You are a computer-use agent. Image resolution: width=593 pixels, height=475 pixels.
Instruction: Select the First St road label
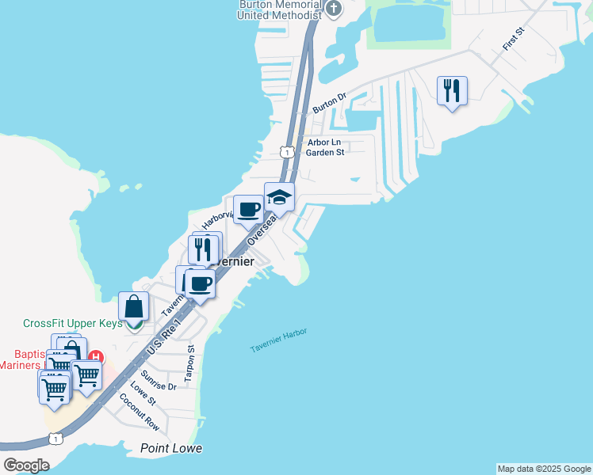tap(514, 40)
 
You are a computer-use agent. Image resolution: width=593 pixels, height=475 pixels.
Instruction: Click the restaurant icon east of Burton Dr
tap(452, 91)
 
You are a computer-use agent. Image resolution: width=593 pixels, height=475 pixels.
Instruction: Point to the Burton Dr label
tap(330, 103)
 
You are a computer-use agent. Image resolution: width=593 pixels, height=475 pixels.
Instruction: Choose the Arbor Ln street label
tap(324, 142)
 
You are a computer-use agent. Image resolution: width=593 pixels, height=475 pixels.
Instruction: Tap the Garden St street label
tap(325, 153)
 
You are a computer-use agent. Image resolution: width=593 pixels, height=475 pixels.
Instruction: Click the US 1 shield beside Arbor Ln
tap(287, 150)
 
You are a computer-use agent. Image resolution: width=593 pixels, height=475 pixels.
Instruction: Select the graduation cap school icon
tap(279, 197)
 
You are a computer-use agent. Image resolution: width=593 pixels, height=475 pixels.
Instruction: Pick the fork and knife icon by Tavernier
tap(202, 250)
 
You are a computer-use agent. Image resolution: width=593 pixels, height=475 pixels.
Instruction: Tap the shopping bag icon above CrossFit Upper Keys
tap(133, 307)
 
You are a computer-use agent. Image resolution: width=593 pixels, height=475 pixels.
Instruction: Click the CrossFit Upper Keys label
tap(73, 323)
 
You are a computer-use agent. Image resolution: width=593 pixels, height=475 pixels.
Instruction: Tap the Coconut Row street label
tap(140, 411)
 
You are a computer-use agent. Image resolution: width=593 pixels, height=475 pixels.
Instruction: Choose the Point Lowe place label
tap(171, 448)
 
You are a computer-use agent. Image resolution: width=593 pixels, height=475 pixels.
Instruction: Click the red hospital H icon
tap(96, 357)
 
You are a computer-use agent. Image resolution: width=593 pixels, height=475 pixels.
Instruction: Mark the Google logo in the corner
tap(26, 465)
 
